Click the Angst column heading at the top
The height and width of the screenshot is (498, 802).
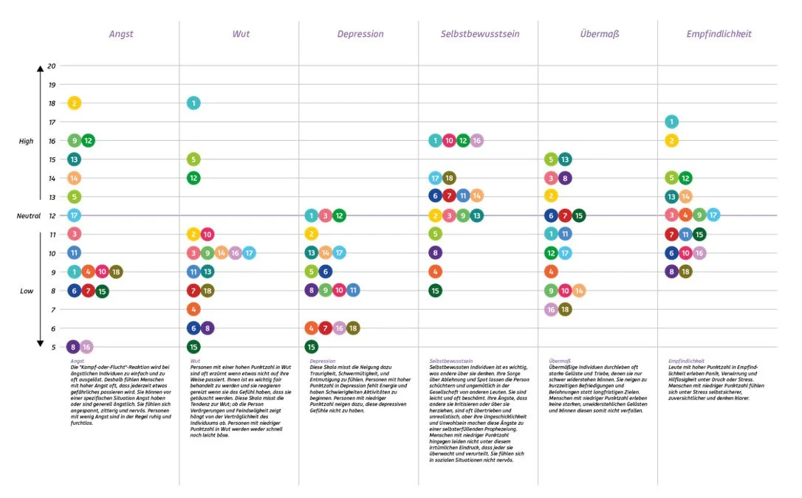[x=121, y=34]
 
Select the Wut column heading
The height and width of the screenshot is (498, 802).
[x=241, y=34]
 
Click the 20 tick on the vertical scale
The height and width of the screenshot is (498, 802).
[x=52, y=66]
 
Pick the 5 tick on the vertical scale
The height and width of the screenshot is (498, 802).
[x=52, y=346]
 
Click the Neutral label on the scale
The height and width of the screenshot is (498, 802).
[x=29, y=215]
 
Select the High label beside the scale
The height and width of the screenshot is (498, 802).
[x=27, y=141]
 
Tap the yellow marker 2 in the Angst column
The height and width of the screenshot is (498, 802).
[x=74, y=103]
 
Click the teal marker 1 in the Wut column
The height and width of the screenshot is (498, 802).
[x=193, y=103]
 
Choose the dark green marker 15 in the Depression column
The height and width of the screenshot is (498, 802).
[x=312, y=346]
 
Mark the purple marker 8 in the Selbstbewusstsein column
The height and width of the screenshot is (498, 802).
[x=436, y=252]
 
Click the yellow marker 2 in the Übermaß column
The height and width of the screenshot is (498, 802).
[x=550, y=196]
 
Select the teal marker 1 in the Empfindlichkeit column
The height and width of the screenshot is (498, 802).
[x=671, y=122]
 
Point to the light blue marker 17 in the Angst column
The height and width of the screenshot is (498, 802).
[x=74, y=215]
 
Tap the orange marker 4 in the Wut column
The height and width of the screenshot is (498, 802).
[x=193, y=309]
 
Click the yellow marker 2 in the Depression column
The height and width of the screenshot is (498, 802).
[x=312, y=234]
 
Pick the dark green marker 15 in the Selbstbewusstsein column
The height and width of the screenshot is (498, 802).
[x=436, y=290]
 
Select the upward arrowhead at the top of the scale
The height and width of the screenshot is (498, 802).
[x=41, y=69]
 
